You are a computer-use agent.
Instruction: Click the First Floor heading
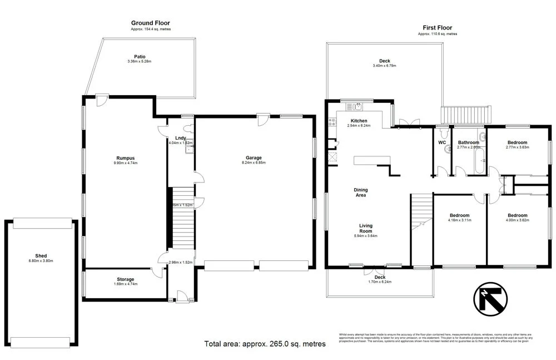pyautogui.click(x=437, y=27)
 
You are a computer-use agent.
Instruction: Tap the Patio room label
pyautogui.click(x=140, y=57)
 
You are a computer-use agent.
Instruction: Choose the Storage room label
pyautogui.click(x=125, y=279)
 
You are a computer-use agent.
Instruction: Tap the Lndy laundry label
pyautogui.click(x=180, y=138)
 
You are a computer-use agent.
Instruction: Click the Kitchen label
pyautogui.click(x=359, y=121)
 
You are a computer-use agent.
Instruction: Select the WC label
pyautogui.click(x=442, y=143)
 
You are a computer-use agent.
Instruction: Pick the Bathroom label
pyautogui.click(x=468, y=143)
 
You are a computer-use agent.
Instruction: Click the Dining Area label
pyautogui.click(x=361, y=193)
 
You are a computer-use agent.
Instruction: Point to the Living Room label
pyautogui.click(x=365, y=229)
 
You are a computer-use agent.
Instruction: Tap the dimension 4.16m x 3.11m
pyautogui.click(x=460, y=220)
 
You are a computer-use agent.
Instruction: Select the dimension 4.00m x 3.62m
pyautogui.click(x=517, y=220)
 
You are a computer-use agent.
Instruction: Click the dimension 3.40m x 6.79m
pyautogui.click(x=384, y=66)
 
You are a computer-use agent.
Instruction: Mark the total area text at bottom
pyautogui.click(x=265, y=344)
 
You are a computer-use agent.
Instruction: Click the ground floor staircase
pyautogui.click(x=181, y=217)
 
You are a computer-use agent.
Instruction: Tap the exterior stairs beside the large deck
pyautogui.click(x=466, y=115)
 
